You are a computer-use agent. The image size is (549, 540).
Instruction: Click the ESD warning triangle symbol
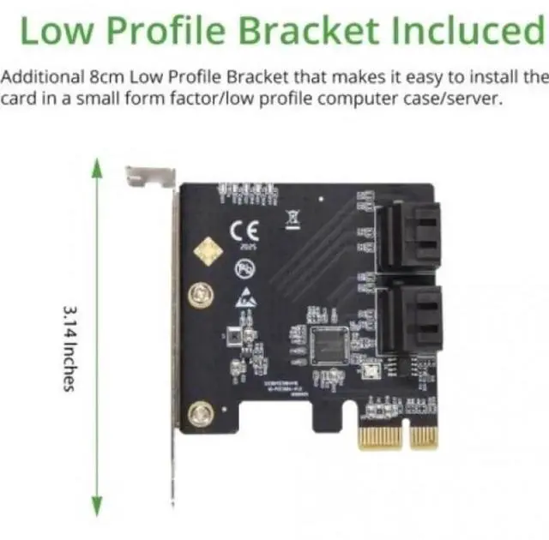point(245,297)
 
